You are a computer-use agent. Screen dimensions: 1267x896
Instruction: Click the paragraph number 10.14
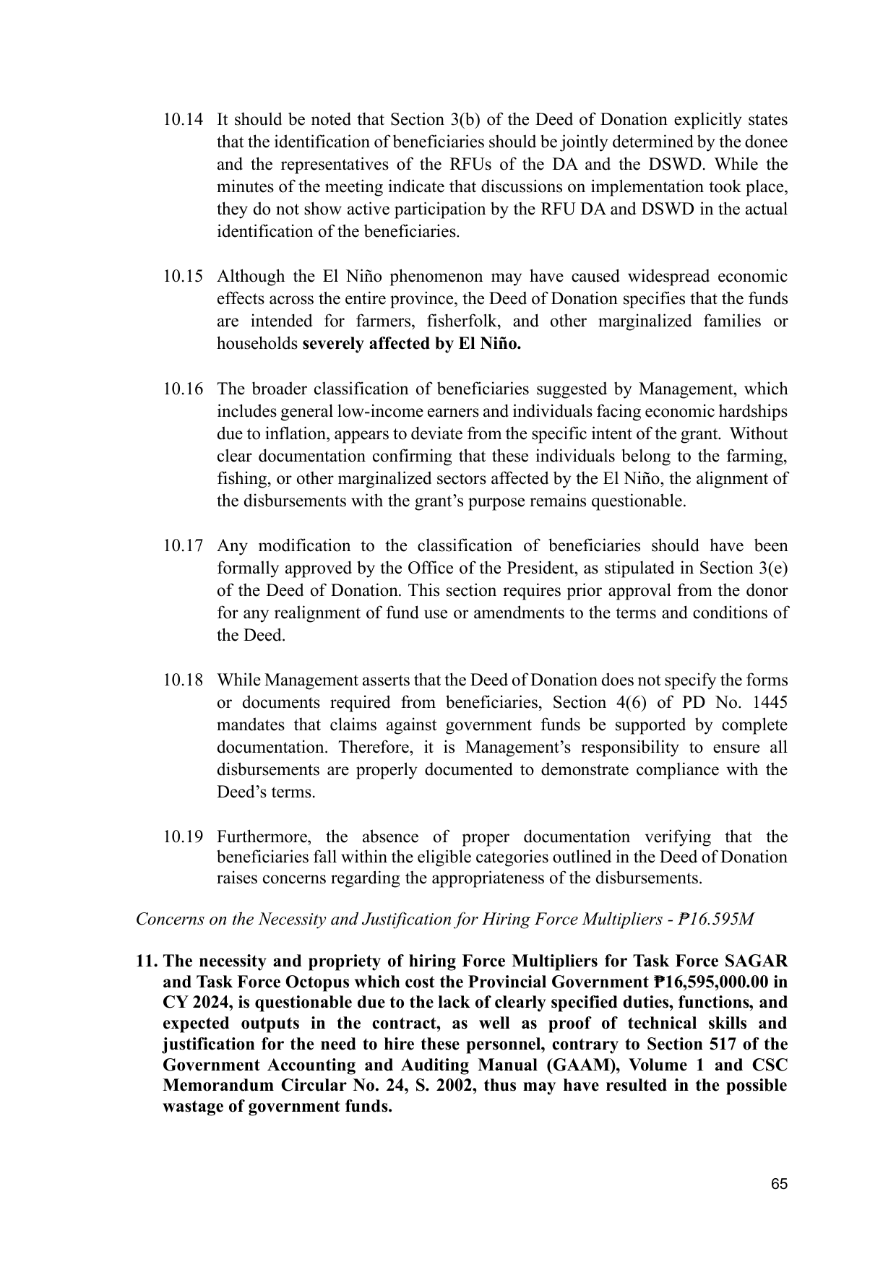182,120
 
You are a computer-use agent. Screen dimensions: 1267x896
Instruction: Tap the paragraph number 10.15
182,277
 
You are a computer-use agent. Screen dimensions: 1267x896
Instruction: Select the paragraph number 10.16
182,389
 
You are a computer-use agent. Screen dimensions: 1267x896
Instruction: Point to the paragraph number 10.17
182,546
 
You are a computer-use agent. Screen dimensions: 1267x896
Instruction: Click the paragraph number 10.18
182,680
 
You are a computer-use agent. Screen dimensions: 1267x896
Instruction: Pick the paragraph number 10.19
182,837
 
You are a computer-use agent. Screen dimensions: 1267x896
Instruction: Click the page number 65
778,1184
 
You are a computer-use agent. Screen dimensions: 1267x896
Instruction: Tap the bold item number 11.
147,962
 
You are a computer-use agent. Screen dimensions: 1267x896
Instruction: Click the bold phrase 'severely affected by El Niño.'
411,344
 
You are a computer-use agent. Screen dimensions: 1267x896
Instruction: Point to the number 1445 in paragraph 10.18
770,703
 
